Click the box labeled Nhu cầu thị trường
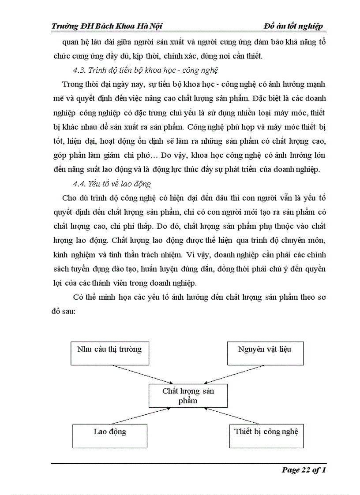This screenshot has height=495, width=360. (109, 353)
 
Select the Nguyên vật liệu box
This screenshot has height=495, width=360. (265, 353)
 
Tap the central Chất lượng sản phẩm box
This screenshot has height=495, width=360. (188, 395)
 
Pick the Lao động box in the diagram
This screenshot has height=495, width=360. (110, 435)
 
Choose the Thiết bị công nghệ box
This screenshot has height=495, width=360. (266, 435)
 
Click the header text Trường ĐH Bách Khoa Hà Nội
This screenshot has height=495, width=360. (107, 26)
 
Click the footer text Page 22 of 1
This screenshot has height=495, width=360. (304, 470)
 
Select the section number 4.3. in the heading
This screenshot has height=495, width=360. (80, 71)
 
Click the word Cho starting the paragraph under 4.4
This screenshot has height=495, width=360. (70, 198)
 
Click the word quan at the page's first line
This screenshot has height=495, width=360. (61, 42)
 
